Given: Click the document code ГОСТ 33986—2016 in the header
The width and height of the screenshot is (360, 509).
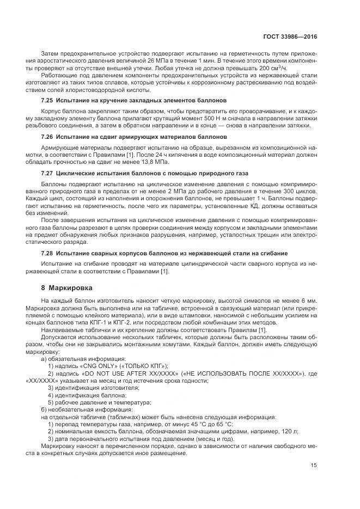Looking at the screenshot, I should pyautogui.click(x=289, y=37).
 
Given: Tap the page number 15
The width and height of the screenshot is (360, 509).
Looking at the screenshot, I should pyautogui.click(x=314, y=465).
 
